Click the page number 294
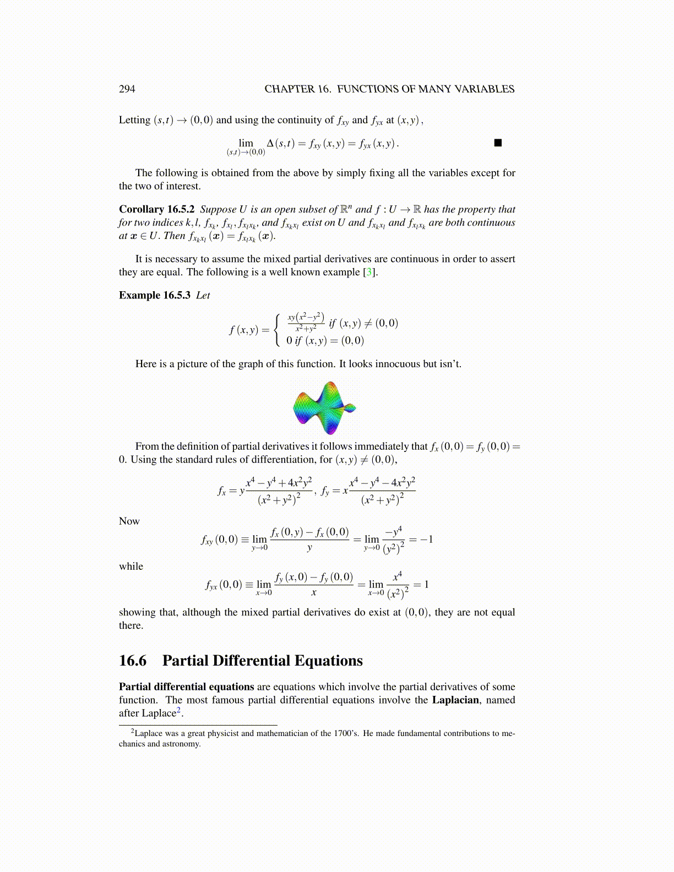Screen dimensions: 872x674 (127, 89)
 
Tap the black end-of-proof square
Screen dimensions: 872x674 (498, 143)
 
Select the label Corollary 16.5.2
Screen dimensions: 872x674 (156, 209)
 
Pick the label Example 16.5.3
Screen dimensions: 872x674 (154, 295)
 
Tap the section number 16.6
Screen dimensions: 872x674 (133, 661)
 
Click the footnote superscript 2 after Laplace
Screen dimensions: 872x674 (178, 711)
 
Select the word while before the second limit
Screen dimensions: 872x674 (131, 566)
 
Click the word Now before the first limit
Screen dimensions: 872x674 (129, 521)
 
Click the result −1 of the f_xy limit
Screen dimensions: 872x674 (426, 539)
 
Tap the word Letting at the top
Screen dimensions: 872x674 (134, 120)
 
